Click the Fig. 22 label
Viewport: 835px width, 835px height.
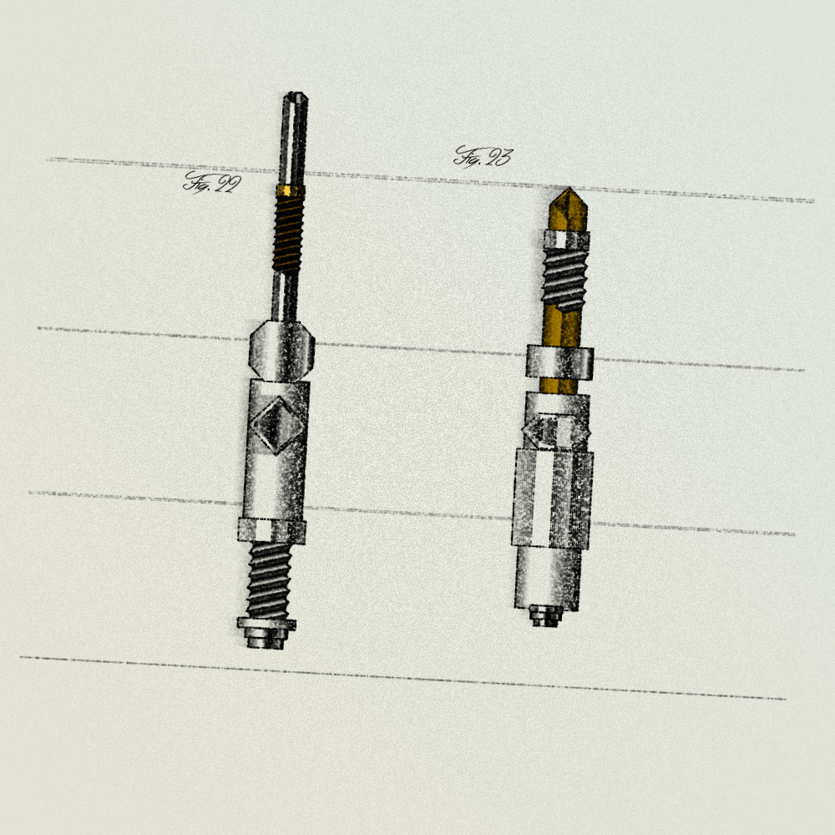(212, 183)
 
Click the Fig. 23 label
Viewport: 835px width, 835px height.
(483, 157)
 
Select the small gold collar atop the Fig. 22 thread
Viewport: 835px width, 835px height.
(291, 190)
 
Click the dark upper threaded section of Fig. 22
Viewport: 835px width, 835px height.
(288, 233)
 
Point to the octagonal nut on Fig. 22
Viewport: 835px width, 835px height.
(281, 351)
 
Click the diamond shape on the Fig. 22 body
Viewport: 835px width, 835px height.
(278, 425)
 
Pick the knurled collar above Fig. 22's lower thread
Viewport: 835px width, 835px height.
(271, 531)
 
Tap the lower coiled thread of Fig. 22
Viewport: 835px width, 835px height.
(270, 580)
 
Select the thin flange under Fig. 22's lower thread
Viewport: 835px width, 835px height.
(266, 624)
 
